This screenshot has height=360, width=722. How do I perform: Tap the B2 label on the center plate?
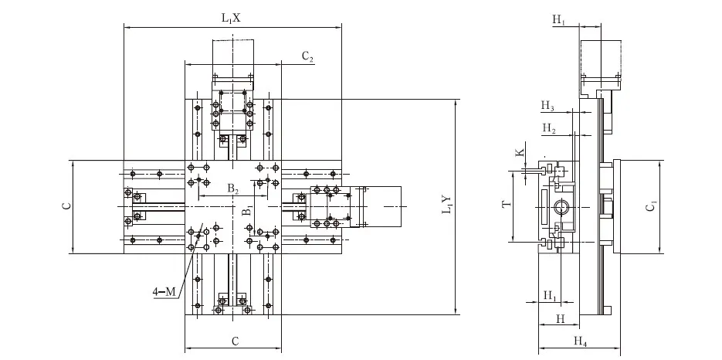coord(232,188)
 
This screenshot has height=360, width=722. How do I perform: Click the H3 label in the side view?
coord(547,105)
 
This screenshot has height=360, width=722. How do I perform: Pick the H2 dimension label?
coord(548,127)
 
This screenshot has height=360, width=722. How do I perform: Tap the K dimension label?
coord(520,153)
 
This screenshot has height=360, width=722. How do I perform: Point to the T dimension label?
coord(506,205)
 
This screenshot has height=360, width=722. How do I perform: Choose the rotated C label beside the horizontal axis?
coord(66,206)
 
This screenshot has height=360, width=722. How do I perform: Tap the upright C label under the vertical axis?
coord(233,341)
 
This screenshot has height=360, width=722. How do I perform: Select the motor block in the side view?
coord(601,60)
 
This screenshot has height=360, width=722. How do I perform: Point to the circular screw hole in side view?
coord(561,207)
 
